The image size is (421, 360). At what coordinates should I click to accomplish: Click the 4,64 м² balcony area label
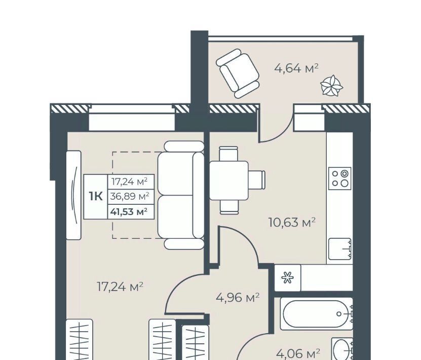[x=296, y=68]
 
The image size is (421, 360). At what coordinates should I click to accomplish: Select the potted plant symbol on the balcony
[x=332, y=85]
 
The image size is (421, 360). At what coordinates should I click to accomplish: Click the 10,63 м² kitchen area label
[x=292, y=223]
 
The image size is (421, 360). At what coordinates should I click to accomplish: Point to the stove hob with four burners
[x=340, y=178]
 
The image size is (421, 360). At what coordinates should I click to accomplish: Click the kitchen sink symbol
[x=339, y=249]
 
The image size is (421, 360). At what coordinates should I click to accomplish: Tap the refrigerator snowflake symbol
[x=287, y=278]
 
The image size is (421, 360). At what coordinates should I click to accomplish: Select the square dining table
[x=229, y=181]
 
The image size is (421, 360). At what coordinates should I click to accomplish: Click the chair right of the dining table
[x=257, y=181]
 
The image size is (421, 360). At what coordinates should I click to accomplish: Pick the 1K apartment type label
[x=96, y=197]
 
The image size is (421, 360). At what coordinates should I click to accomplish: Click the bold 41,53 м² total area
[x=129, y=212]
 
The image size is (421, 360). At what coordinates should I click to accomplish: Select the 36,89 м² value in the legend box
[x=130, y=197]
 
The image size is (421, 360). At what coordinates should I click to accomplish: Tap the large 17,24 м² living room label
[x=120, y=286]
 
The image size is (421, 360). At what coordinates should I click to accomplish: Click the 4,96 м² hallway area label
[x=238, y=298]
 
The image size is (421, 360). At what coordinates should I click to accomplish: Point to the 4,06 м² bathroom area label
[x=298, y=353]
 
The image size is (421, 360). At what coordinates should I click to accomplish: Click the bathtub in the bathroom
[x=316, y=313]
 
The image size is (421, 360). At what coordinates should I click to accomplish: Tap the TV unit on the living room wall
[x=73, y=195]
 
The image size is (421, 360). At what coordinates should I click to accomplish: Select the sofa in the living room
[x=181, y=195]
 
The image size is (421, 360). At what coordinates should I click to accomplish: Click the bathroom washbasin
[x=342, y=349]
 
